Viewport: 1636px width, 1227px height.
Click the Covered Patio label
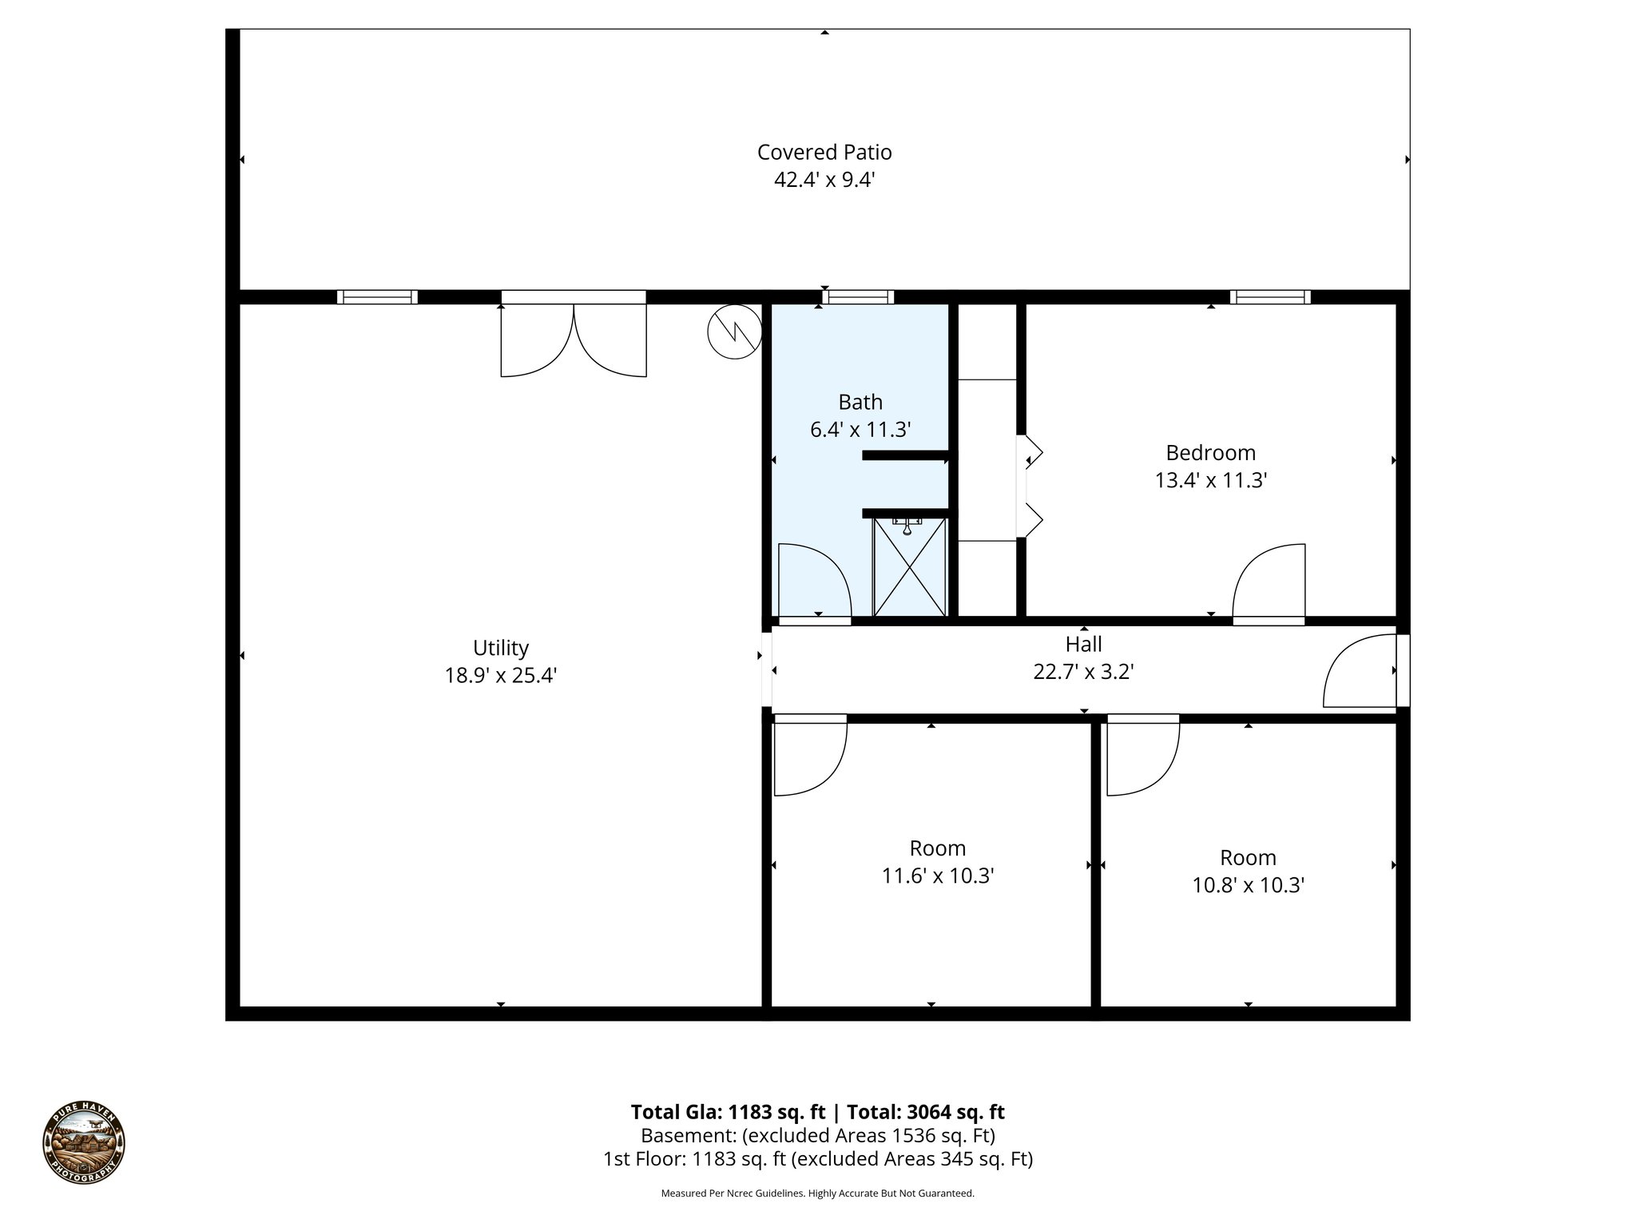[x=824, y=152]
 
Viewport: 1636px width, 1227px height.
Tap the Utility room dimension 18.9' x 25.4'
[x=500, y=676]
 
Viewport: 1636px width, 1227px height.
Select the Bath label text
[x=860, y=402]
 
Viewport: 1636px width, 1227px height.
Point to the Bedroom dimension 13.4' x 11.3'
[x=1210, y=480]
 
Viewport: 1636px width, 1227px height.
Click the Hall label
[x=1083, y=644]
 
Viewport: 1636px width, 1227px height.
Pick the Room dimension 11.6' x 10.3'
[x=937, y=876]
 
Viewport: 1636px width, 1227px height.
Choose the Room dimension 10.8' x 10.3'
[x=1248, y=885]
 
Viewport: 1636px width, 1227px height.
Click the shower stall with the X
[x=910, y=567]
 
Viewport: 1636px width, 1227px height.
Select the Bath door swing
[x=812, y=581]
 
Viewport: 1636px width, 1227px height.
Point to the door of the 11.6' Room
[x=809, y=755]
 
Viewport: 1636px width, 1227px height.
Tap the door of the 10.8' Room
[x=1142, y=755]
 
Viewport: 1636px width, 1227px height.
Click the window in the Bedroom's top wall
[x=1270, y=297]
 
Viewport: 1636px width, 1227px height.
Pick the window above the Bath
[x=859, y=297]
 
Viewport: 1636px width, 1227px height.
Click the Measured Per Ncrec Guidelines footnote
[x=817, y=1193]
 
